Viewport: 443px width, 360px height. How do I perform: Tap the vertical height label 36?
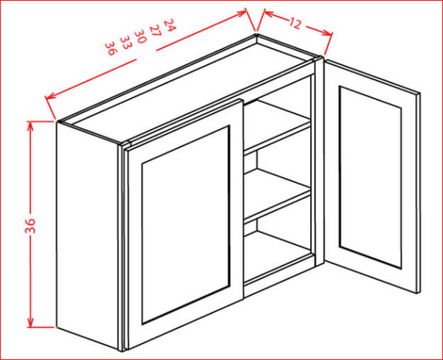[x=30, y=226]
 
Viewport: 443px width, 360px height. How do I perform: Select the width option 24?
[x=170, y=25]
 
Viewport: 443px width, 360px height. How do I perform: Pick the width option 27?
[x=155, y=30]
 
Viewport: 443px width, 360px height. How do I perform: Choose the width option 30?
[x=140, y=36]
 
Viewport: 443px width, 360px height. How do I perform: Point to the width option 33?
[x=125, y=43]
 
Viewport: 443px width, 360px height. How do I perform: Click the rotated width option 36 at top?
[x=111, y=48]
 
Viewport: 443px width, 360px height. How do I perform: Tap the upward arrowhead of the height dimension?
[x=30, y=126]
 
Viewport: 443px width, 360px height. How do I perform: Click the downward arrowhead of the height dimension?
[x=30, y=322]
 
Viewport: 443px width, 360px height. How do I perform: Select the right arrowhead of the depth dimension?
[x=328, y=32]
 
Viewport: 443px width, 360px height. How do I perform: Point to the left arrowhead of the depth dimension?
[x=269, y=13]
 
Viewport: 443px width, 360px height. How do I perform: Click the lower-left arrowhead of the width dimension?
[x=51, y=96]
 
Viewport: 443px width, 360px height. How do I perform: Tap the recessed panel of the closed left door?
[x=185, y=225]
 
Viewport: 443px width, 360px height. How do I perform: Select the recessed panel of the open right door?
[x=371, y=177]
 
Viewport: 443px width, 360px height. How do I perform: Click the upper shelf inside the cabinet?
[x=276, y=126]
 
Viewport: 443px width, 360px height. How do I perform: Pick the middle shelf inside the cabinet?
[x=276, y=195]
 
